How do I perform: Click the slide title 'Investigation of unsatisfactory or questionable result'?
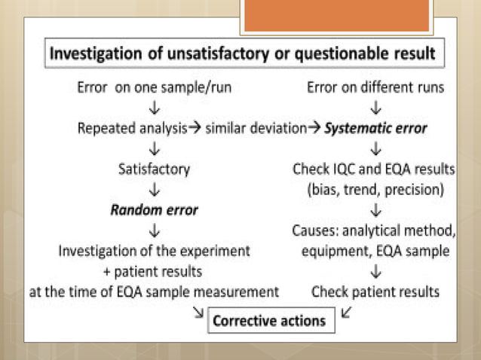(242, 54)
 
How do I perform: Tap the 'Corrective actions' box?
(269, 321)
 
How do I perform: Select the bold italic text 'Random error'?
(154, 210)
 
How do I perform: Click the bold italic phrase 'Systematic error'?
(375, 128)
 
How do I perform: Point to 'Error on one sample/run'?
(154, 87)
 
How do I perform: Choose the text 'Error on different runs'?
(375, 87)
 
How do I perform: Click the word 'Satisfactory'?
(154, 169)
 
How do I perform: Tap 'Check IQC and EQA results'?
(375, 169)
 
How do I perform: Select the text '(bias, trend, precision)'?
(375, 190)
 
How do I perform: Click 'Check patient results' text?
(375, 291)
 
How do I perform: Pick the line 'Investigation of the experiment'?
(154, 251)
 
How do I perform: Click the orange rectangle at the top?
(336, 15)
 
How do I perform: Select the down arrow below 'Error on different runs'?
(375, 108)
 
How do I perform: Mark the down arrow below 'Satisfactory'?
(154, 190)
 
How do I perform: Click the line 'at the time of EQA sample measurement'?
(154, 291)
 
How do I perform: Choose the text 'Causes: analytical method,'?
(375, 230)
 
